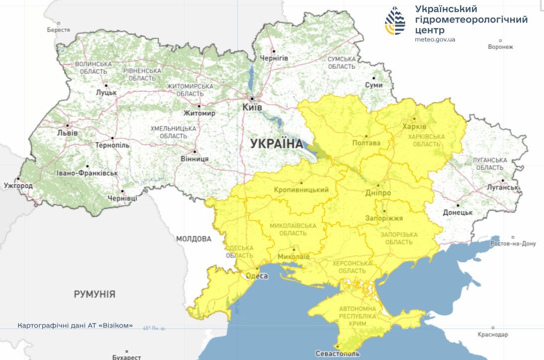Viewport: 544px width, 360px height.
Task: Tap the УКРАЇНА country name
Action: point(276,144)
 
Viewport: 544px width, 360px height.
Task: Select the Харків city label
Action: point(414,126)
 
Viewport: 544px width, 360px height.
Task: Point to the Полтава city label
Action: point(366,143)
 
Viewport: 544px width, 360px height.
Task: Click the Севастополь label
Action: point(337,354)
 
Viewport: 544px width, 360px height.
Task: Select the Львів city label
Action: point(67,133)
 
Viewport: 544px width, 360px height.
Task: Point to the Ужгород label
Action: point(18,186)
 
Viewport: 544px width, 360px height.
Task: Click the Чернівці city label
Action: point(122,198)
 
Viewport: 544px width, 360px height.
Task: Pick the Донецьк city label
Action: point(457,212)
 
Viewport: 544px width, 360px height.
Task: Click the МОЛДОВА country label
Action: point(194,239)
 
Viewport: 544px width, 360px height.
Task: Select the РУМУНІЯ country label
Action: point(94,294)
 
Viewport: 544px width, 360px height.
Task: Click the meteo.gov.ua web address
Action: point(435,39)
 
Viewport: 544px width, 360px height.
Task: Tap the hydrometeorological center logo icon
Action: point(395,21)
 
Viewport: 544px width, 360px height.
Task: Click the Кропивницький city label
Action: point(301,190)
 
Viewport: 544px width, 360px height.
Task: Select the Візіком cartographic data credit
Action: point(75,325)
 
